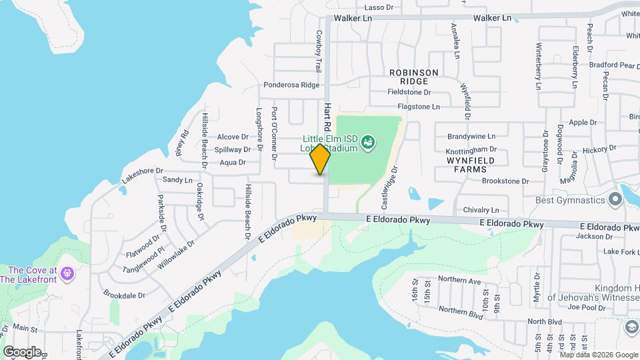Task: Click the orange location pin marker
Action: (320, 159)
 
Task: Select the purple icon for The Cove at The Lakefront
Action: (66, 273)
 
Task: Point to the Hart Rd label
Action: (327, 117)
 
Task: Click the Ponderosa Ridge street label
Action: (291, 85)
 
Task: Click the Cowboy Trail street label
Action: (319, 51)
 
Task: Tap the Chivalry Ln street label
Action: (481, 210)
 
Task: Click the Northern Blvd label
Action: (461, 311)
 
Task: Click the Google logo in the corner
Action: (22, 351)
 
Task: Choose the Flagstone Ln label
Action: (418, 107)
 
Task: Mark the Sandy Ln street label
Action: (177, 180)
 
